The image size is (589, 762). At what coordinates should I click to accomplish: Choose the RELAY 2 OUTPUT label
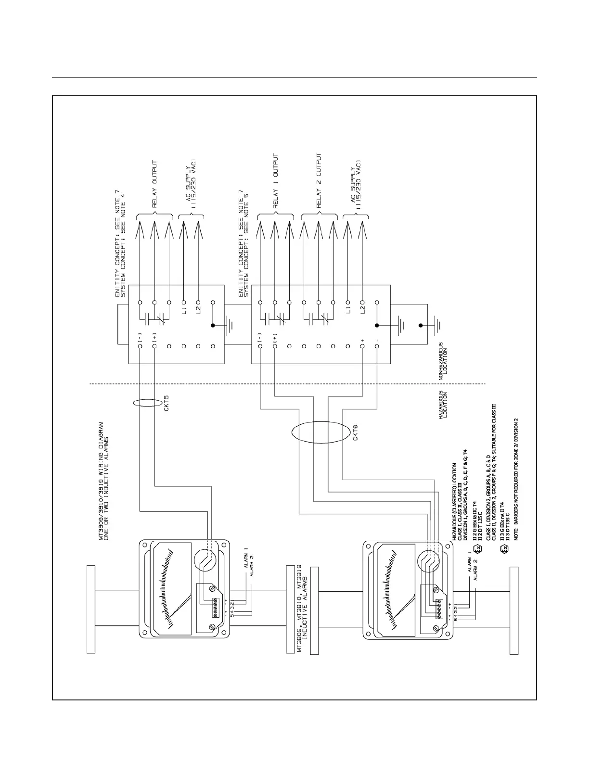319,182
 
